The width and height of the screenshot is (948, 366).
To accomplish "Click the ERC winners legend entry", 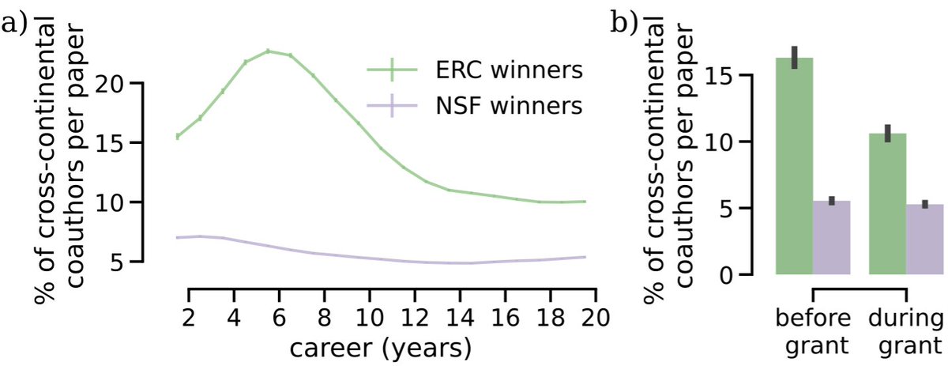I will pos(474,70).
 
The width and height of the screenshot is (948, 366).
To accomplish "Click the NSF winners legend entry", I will pos(474,105).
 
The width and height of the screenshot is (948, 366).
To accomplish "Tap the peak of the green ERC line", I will pos(268,51).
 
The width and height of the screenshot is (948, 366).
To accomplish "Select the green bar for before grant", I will pos(793,166).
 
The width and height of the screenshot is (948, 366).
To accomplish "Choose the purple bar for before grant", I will pos(831,238).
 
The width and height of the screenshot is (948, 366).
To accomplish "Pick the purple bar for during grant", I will pos(925,240).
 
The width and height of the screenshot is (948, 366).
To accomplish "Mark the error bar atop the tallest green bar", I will pos(794,57).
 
